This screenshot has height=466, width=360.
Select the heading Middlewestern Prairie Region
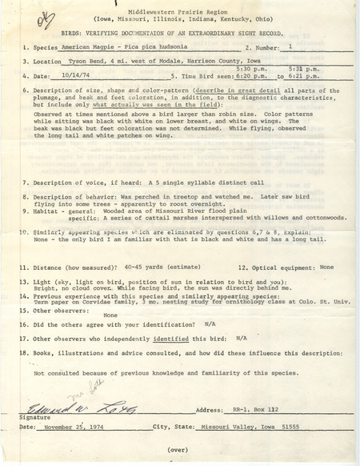179,7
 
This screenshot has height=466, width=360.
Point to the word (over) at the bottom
178,450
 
